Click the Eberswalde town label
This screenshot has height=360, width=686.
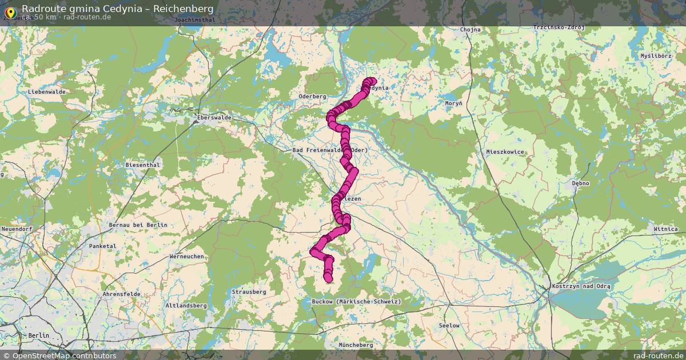[x=214, y=117]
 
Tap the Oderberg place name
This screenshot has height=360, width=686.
[x=312, y=97]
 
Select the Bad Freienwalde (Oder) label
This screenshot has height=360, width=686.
[x=329, y=150]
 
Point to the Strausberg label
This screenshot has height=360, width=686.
[x=249, y=292]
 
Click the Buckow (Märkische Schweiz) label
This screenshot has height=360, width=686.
[x=356, y=301]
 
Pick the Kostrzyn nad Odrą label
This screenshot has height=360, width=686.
[x=581, y=286]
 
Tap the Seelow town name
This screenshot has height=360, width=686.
[x=449, y=326]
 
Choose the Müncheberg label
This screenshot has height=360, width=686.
[x=356, y=345]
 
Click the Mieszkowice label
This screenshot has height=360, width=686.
[x=505, y=152]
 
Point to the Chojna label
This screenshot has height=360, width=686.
[x=469, y=29]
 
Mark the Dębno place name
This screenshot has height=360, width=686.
[x=580, y=183]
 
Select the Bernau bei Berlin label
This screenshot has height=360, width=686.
[x=138, y=225]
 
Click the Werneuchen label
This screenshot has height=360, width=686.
[x=186, y=257]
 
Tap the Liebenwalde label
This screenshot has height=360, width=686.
[x=47, y=92]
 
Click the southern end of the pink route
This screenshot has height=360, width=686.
[x=328, y=278]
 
